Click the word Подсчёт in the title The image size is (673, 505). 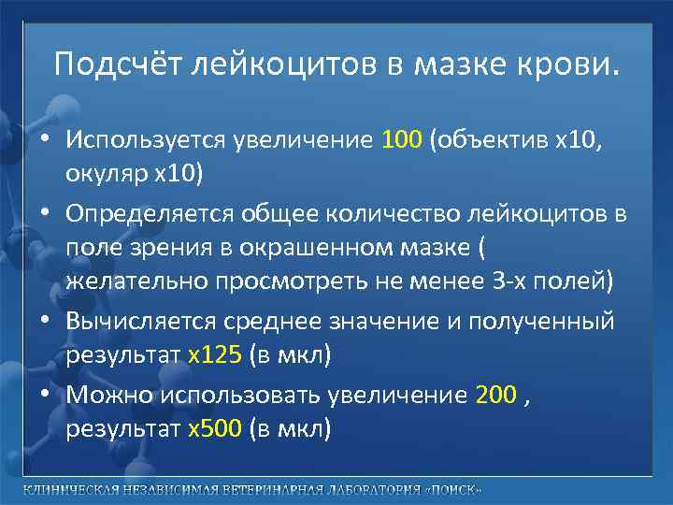(120, 65)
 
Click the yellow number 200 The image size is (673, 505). (495, 396)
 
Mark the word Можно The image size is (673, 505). (109, 396)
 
